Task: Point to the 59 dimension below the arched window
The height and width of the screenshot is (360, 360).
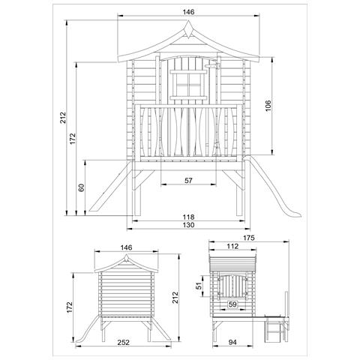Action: point(232,304)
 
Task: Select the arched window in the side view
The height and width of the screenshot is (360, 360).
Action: point(233,289)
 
